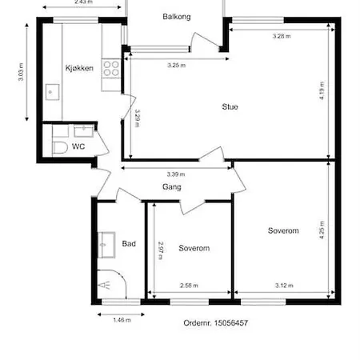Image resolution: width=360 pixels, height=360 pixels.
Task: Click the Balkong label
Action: [176, 16]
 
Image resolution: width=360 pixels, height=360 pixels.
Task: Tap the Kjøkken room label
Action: [79, 69]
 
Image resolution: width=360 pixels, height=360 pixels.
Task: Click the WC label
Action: [78, 147]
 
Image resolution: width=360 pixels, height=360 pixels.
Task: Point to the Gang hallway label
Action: [172, 187]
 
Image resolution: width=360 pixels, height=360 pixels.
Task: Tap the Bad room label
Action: [129, 243]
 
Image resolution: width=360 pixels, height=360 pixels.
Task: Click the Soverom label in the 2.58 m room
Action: [194, 248]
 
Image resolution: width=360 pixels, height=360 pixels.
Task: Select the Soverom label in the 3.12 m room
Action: [283, 230]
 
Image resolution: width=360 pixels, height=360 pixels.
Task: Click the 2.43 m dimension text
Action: [82, 2]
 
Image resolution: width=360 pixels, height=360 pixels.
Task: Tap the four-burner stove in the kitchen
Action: [111, 70]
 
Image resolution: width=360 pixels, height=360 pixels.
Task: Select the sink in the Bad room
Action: [105, 244]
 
